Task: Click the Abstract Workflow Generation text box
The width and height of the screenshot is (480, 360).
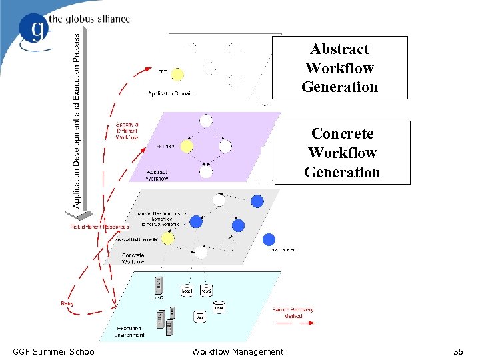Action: pyautogui.click(x=339, y=68)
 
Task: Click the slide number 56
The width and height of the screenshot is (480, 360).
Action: pyautogui.click(x=457, y=351)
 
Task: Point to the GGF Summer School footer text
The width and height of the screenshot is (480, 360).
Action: pyautogui.click(x=54, y=351)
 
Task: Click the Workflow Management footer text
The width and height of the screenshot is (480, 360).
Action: pyautogui.click(x=237, y=351)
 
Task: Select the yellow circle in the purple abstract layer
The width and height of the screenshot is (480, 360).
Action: pyautogui.click(x=187, y=145)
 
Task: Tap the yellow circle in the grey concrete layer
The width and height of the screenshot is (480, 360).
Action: pyautogui.click(x=167, y=237)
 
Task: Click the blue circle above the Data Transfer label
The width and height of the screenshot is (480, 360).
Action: pyautogui.click(x=269, y=239)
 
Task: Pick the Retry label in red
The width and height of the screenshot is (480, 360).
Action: pyautogui.click(x=67, y=303)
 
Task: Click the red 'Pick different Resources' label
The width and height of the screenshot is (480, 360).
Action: pyautogui.click(x=100, y=227)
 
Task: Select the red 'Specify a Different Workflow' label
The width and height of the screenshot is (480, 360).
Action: pyautogui.click(x=127, y=131)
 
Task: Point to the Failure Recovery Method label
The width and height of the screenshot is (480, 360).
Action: pyautogui.click(x=293, y=313)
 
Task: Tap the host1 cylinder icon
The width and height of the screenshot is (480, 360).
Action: pyautogui.click(x=187, y=290)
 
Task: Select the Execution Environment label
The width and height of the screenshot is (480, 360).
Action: pyautogui.click(x=130, y=331)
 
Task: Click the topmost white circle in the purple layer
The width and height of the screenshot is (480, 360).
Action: pyautogui.click(x=206, y=121)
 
